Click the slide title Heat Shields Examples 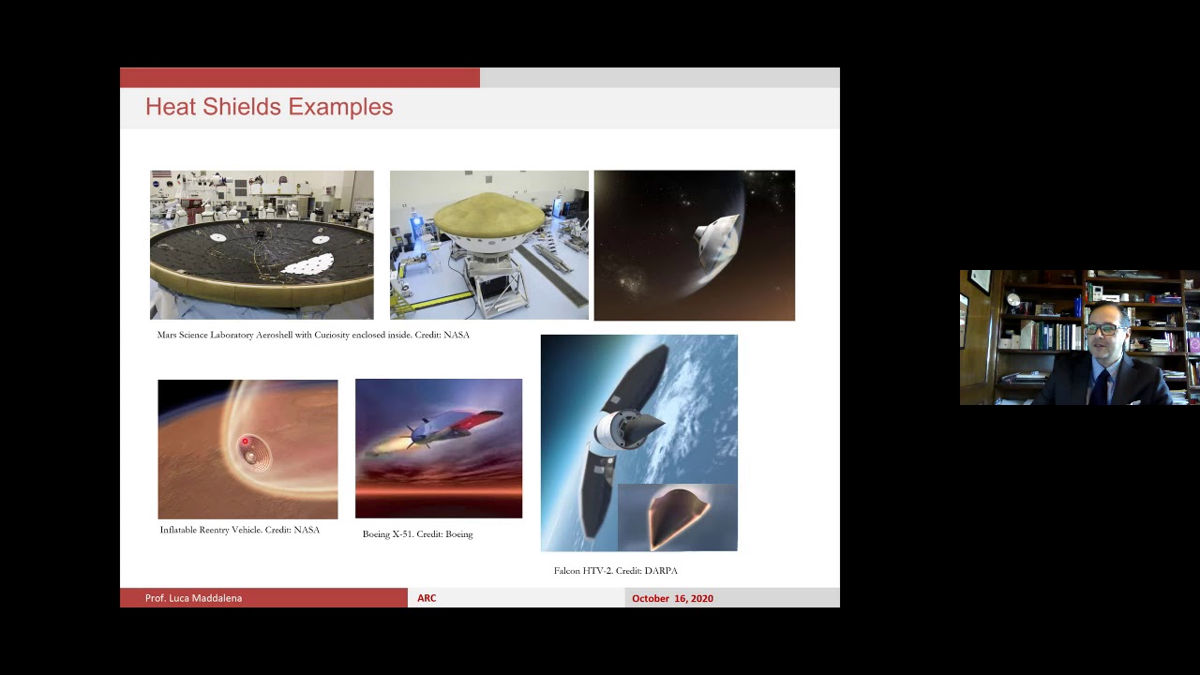pos(269,107)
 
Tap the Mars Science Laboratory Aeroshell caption pos(313,335)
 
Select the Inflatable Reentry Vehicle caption pos(240,530)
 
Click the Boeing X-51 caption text pos(417,534)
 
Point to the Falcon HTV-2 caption pos(615,570)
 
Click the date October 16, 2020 pos(672,598)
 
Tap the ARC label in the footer pos(427,598)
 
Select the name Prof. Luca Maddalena pos(193,598)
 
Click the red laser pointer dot pos(245,442)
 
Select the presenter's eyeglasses pos(1103,329)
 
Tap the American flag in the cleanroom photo pos(161,176)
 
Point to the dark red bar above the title pos(300,78)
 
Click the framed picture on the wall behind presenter pos(980,280)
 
